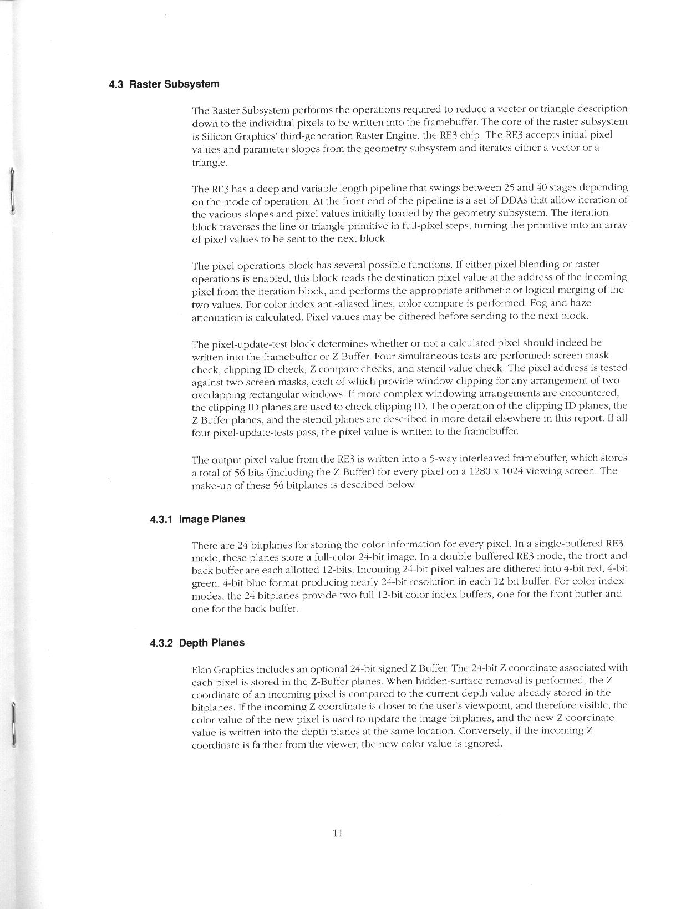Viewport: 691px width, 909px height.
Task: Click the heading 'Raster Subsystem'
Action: pyautogui.click(x=174, y=84)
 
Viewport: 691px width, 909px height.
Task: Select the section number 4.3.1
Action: pyautogui.click(x=161, y=520)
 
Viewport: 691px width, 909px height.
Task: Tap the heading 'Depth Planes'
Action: pyautogui.click(x=212, y=643)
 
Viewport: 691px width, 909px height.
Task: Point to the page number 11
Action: pyautogui.click(x=338, y=832)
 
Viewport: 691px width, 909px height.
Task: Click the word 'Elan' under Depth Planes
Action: pyautogui.click(x=201, y=669)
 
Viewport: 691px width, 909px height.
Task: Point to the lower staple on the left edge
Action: pyautogui.click(x=12, y=725)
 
